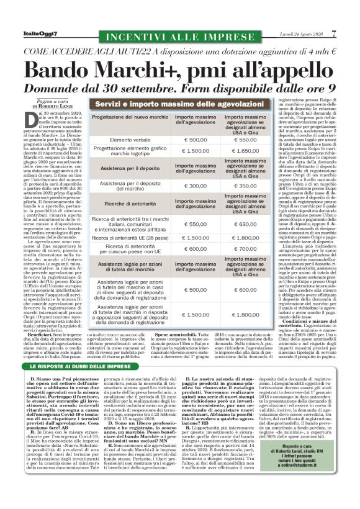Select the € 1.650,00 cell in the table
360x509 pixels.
pos(236,150)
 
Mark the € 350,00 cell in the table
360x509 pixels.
pos(236,186)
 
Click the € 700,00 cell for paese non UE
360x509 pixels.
pos(236,248)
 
